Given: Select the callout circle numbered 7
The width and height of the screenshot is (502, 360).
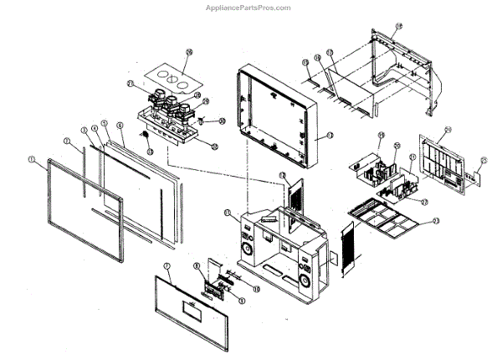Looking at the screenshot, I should point(166,266).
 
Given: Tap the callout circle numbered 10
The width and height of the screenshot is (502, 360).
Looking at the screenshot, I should point(257,289).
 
